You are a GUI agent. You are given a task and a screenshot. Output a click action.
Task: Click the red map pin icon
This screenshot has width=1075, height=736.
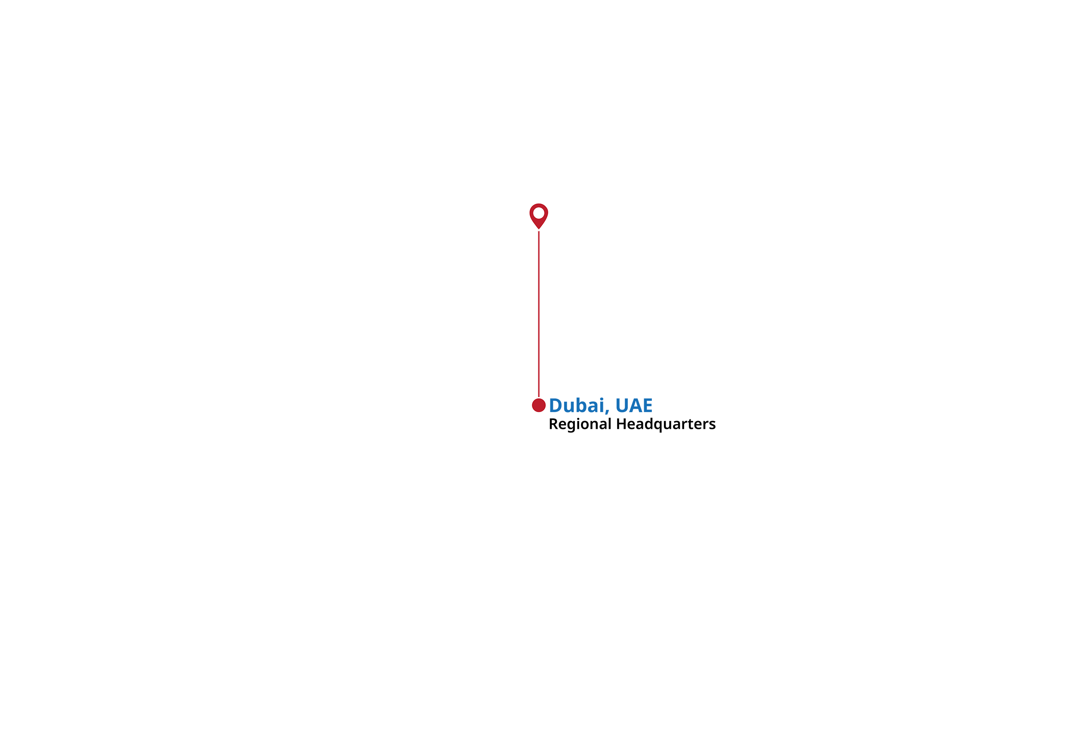(538, 216)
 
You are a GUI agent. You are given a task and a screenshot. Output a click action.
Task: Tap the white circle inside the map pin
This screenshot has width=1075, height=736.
(538, 213)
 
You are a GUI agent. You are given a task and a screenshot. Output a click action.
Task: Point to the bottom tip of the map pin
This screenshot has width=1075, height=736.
(538, 229)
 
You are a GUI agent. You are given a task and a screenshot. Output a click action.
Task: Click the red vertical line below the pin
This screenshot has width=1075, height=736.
(538, 314)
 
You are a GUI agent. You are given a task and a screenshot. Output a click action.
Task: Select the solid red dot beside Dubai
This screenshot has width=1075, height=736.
(538, 405)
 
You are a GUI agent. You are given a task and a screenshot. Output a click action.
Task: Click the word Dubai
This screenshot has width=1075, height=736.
(577, 406)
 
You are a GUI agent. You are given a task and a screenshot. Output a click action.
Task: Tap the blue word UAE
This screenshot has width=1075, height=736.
(634, 406)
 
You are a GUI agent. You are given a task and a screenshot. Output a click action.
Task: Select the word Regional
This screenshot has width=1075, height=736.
(580, 424)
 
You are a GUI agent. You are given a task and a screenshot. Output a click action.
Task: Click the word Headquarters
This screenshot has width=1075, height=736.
(666, 424)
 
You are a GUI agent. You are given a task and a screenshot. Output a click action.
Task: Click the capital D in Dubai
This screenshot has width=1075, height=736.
(556, 406)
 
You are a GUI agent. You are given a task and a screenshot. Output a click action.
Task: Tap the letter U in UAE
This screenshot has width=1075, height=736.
(622, 406)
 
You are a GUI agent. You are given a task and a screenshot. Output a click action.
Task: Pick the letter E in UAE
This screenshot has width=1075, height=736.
(647, 406)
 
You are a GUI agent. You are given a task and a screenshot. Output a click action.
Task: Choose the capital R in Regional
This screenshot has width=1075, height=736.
(554, 424)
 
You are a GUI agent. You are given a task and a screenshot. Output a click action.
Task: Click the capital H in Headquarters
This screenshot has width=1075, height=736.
(622, 424)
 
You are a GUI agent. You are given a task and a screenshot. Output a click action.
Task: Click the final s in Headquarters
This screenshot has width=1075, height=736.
(713, 425)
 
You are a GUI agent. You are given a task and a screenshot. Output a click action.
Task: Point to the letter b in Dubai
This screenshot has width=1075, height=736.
(582, 405)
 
